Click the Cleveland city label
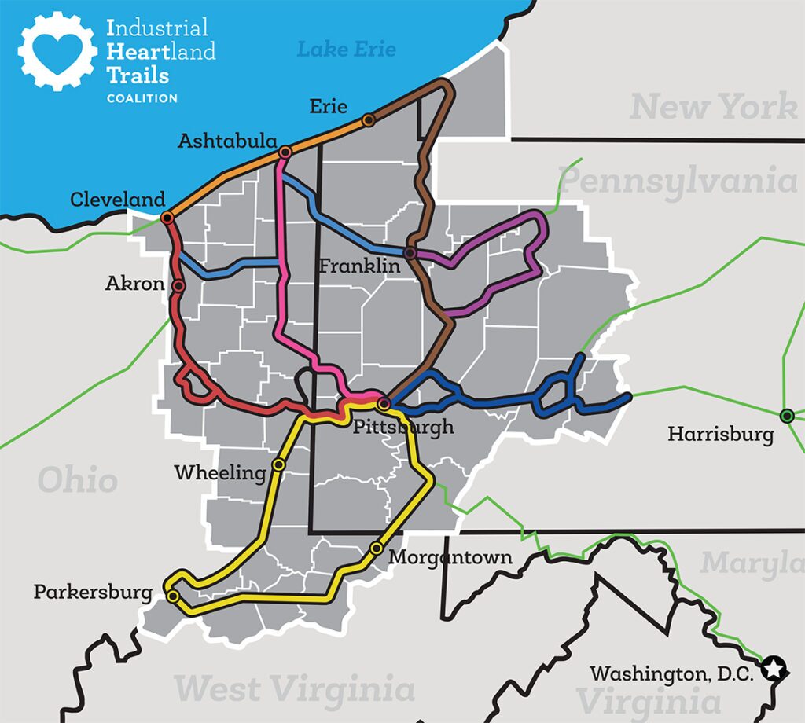pos(118,200)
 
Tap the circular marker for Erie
pos(368,120)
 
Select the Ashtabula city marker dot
pos(285,151)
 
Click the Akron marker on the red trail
pos(178,286)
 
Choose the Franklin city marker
pos(410,252)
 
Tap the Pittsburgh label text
pos(403,428)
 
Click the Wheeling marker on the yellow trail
pos(278,464)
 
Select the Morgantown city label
pos(450,558)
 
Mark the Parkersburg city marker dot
pos(173,596)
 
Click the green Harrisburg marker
pos(786,416)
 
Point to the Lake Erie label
pos(346,50)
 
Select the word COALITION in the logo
pos(142,98)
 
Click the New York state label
pos(714,106)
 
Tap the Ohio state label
pos(78,480)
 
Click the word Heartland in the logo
pos(160,52)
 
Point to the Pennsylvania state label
pos(678,181)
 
